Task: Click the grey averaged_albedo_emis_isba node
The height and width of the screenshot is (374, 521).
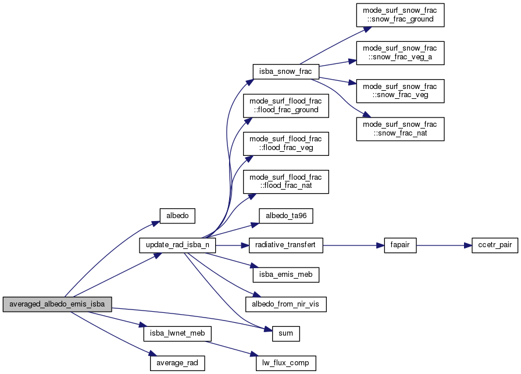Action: coord(56,304)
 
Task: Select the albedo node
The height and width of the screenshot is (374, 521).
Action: coord(177,215)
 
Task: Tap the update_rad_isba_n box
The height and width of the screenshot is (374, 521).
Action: coord(177,245)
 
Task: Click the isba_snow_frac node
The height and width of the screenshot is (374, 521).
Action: coord(283,72)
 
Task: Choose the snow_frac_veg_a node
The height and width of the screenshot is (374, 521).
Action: coord(400,53)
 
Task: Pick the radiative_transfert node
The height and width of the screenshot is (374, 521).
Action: coord(286,245)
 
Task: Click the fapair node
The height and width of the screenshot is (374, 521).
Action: coord(399,245)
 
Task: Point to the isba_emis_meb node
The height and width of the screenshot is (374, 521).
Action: coord(286,274)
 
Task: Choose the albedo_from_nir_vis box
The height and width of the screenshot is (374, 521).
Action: coord(286,304)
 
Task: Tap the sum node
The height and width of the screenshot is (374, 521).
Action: coord(286,334)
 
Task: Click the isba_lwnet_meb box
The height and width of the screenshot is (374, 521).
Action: coord(177,334)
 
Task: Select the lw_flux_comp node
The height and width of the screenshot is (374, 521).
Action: coord(286,364)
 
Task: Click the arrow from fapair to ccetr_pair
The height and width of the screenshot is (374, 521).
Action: coord(441,245)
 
